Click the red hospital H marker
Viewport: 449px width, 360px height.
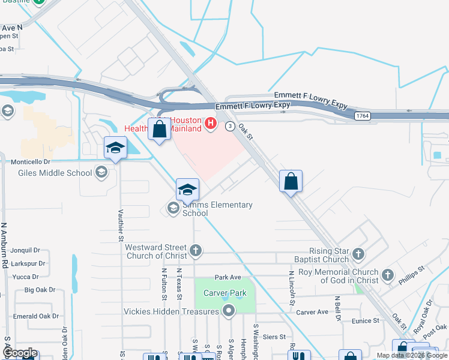(x=211, y=124)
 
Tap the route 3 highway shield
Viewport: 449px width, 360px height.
(x=230, y=126)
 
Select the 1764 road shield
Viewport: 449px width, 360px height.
(x=361, y=116)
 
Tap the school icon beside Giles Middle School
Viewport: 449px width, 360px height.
(x=101, y=173)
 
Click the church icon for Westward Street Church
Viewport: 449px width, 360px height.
(x=195, y=250)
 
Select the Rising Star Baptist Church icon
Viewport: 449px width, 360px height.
(x=358, y=253)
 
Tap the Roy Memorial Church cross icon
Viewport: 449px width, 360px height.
(x=388, y=275)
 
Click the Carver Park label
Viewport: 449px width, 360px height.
(x=225, y=293)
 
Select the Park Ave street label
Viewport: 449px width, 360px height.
(x=228, y=278)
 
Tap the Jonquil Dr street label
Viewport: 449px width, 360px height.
(x=25, y=250)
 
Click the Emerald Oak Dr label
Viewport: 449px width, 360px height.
(x=35, y=316)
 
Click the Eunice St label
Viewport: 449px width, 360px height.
(x=366, y=321)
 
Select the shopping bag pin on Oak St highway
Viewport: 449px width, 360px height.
(x=291, y=182)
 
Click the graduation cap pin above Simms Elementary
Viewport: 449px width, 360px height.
(x=187, y=190)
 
